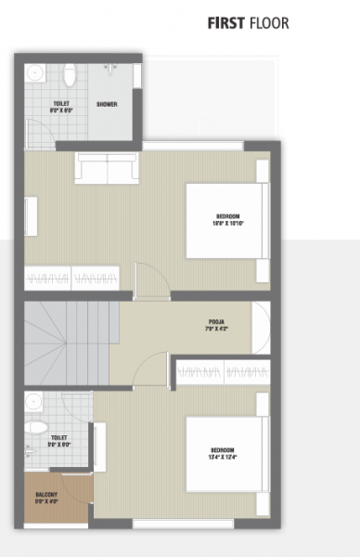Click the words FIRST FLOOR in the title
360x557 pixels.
pos(248,22)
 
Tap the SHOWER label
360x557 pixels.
pos(107,104)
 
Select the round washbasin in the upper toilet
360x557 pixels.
pos(34,72)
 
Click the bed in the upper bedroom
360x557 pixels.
pos(226,220)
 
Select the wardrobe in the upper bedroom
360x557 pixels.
pos(71,277)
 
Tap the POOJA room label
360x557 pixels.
pos(217,326)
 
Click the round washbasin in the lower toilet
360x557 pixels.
pos(33,401)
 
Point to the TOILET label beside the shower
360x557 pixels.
pos(60,106)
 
